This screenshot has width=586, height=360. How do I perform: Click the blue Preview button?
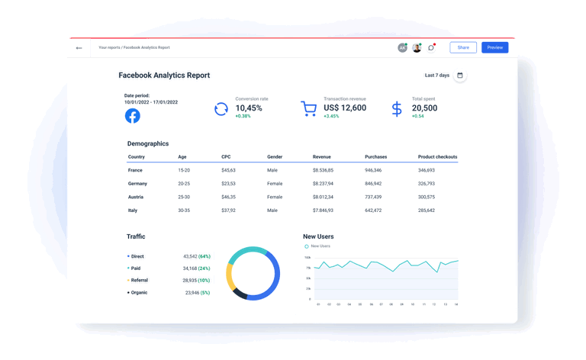pyautogui.click(x=494, y=47)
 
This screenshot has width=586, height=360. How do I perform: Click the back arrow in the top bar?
pyautogui.click(x=79, y=48)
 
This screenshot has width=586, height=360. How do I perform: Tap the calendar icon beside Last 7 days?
pyautogui.click(x=460, y=76)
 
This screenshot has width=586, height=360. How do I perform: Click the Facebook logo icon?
pyautogui.click(x=133, y=116)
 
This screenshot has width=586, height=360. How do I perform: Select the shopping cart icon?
pyautogui.click(x=308, y=109)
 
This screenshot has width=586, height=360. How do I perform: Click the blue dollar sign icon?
pyautogui.click(x=397, y=109)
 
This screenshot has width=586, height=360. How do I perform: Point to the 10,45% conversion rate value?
pyautogui.click(x=249, y=108)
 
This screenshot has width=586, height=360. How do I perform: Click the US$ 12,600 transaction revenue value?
pyautogui.click(x=345, y=108)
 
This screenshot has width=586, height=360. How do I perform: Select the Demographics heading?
pyautogui.click(x=148, y=143)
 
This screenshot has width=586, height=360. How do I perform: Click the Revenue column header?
pyautogui.click(x=322, y=157)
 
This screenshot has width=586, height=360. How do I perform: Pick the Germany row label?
pyautogui.click(x=137, y=184)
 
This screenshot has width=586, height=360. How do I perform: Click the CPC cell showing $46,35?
pyautogui.click(x=228, y=197)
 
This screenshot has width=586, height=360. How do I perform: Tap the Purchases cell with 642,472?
pyautogui.click(x=373, y=211)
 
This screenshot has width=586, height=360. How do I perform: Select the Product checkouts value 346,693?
pyautogui.click(x=427, y=170)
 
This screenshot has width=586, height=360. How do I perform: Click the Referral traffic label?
pyautogui.click(x=140, y=281)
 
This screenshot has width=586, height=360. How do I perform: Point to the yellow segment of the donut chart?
pyautogui.click(x=230, y=277)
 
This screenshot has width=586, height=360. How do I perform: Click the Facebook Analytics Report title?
pyautogui.click(x=164, y=76)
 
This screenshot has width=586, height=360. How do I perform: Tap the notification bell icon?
pyautogui.click(x=431, y=48)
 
